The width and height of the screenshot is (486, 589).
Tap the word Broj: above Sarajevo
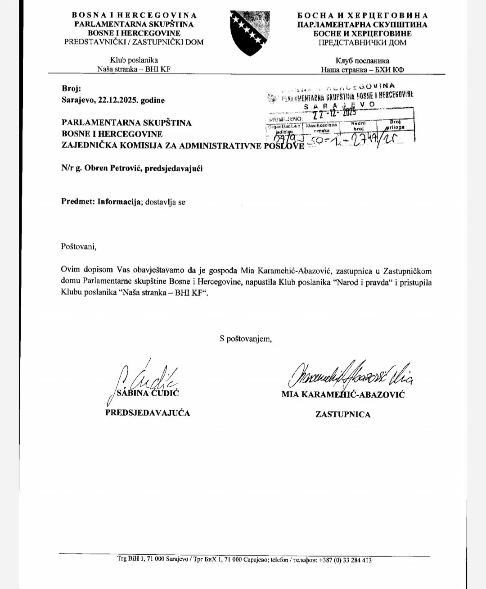[71, 89]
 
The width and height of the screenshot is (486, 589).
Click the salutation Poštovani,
[79, 246]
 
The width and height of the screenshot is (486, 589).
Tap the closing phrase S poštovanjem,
[246, 339]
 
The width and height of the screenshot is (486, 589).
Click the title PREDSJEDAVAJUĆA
[148, 413]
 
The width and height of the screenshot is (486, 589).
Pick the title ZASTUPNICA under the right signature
[343, 414]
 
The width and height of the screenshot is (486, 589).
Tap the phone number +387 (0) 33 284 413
[345, 560]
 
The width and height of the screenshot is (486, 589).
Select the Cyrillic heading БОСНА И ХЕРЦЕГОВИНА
[362, 16]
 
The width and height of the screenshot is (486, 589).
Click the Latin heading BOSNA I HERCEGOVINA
[134, 15]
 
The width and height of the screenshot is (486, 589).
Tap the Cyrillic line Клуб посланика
[362, 61]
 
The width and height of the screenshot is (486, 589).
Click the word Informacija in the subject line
[117, 202]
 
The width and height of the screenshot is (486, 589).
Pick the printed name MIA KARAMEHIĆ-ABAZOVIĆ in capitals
[343, 394]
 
